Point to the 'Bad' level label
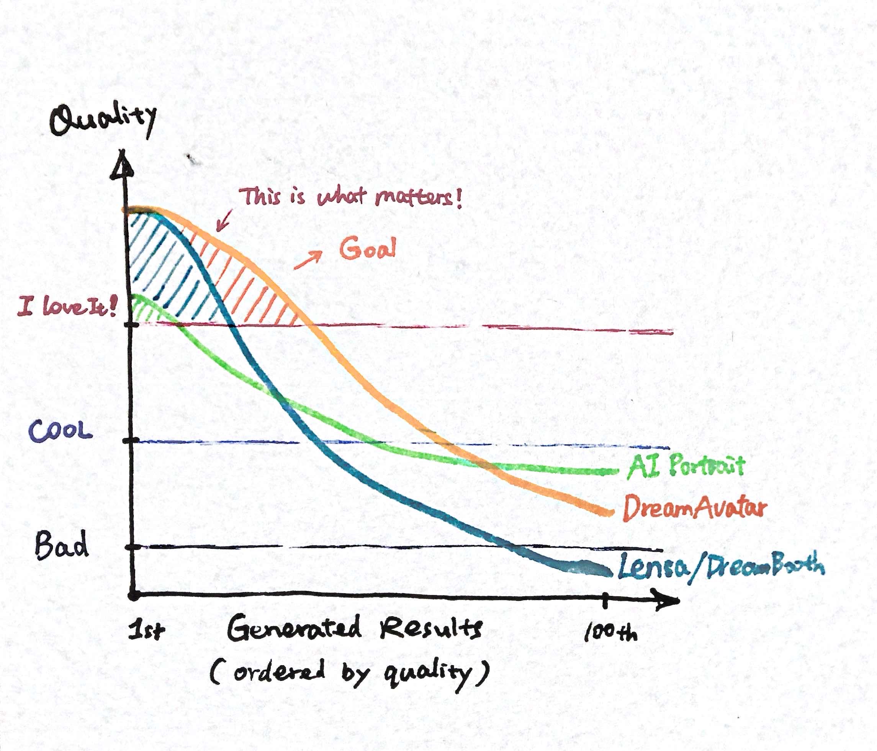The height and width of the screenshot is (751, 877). tap(62, 545)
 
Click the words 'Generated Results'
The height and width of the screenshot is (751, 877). tap(355, 628)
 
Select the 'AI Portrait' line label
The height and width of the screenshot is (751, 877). tap(686, 466)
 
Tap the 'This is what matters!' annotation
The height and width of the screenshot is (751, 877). tap(350, 197)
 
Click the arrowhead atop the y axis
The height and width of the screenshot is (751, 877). tap(122, 169)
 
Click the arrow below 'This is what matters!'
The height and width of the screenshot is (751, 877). tap(224, 220)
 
